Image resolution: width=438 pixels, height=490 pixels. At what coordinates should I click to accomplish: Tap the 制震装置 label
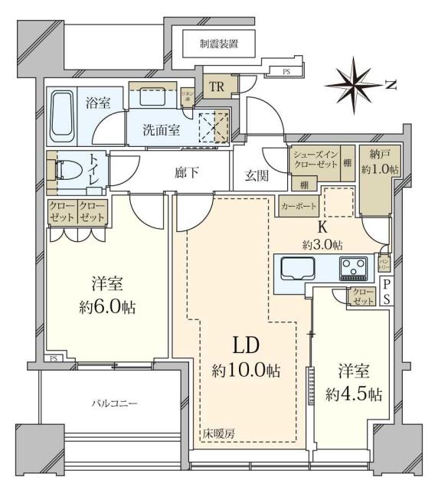coord(218,44)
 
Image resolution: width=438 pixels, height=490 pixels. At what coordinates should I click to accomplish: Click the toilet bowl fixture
coord(66,174)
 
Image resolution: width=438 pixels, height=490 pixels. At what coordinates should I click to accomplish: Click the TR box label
coord(217,87)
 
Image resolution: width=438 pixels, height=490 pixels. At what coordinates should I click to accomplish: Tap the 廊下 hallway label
coord(188,173)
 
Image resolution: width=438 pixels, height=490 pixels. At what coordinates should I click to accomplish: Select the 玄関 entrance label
coord(257,175)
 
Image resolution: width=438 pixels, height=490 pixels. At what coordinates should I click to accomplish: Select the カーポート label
coord(296,206)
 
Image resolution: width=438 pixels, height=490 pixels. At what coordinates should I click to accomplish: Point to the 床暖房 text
coord(219,433)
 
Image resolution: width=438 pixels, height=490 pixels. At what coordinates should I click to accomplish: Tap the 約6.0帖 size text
coord(106,309)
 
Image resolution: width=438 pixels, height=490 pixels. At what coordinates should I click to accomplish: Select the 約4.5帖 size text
coord(353,394)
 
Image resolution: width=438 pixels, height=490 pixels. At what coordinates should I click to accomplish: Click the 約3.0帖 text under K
coord(322,244)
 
